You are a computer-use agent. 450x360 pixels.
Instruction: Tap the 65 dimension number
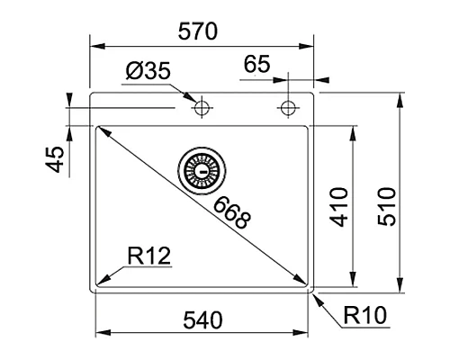click(256, 65)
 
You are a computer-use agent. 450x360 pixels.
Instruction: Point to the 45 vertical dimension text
click(55, 159)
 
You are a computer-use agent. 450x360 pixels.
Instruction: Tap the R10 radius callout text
click(364, 316)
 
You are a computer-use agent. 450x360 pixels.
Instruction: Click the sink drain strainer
click(200, 168)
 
